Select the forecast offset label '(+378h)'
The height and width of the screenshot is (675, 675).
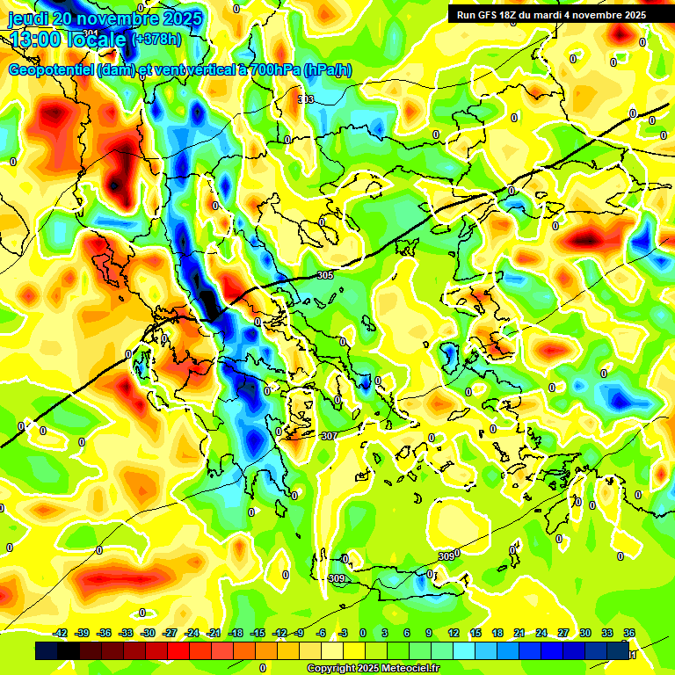click(156, 39)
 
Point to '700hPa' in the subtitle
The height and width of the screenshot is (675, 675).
click(270, 70)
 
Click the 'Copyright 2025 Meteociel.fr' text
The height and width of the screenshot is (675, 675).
click(374, 669)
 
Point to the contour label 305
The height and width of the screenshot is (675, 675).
click(325, 275)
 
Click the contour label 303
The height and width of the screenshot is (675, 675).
click(306, 99)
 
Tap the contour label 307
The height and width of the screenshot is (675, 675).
click(330, 436)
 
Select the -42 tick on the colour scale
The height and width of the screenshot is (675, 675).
click(60, 633)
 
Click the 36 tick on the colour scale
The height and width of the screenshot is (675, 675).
click(629, 633)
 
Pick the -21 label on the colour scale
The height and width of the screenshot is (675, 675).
click(214, 633)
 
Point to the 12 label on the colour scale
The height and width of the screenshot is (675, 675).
click(454, 633)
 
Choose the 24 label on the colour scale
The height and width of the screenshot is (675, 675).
click(541, 633)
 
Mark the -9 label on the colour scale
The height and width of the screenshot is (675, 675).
click(300, 633)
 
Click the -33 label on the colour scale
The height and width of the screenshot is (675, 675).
click(126, 633)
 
